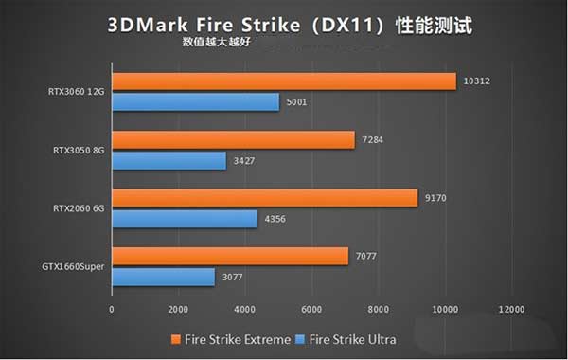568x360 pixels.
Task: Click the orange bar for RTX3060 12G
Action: [284, 82]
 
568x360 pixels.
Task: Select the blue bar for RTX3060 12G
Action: [195, 102]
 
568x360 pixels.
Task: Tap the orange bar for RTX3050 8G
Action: [233, 140]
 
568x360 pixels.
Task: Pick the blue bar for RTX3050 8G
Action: [169, 160]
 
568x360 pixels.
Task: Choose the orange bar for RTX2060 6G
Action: [264, 198]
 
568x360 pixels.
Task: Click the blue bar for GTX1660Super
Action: [163, 277]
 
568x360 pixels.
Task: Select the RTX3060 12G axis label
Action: [75, 93]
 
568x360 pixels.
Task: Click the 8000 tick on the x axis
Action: [379, 309]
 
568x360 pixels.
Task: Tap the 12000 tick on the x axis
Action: [512, 309]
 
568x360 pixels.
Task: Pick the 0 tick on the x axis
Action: [112, 309]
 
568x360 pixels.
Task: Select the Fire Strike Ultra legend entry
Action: [346, 338]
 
